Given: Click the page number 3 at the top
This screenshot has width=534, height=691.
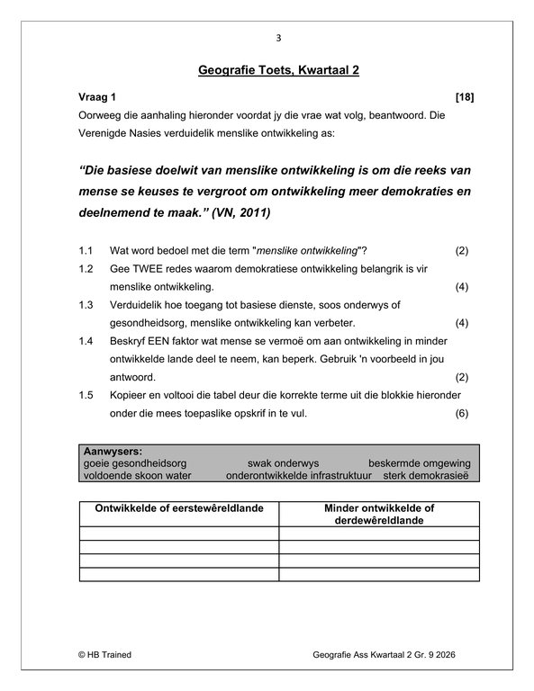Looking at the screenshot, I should [278, 38].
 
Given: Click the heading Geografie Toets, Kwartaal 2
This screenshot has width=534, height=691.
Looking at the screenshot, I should [278, 70].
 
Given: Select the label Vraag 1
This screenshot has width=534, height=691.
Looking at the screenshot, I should [96, 95].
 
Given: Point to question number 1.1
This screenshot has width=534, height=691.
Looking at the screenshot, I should [86, 250].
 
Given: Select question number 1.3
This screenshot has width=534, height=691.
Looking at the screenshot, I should [86, 305].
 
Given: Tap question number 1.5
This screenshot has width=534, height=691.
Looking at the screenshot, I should [86, 397].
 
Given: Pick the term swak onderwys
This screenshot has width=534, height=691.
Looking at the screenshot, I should [278, 462].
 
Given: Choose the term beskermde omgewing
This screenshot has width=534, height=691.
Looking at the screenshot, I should [419, 462].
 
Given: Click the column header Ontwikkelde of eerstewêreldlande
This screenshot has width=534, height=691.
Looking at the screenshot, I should [179, 508].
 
